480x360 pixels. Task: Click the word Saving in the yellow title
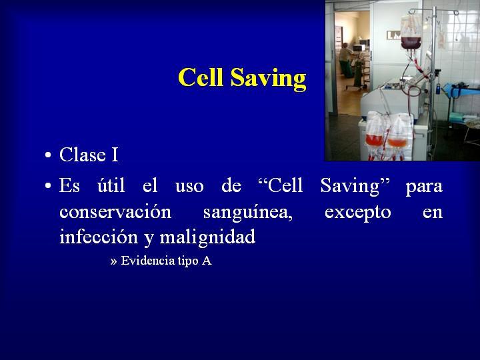click(x=269, y=79)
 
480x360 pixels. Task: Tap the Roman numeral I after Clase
click(x=115, y=155)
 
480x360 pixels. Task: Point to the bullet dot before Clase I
click(x=48, y=155)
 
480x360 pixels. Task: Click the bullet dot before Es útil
click(x=48, y=185)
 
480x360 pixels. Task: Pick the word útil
click(x=111, y=185)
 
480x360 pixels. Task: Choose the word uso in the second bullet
click(x=189, y=187)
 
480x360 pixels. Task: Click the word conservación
click(x=115, y=212)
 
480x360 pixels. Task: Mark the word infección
click(x=99, y=237)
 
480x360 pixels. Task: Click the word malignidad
click(x=207, y=237)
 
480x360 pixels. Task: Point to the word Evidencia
click(x=148, y=261)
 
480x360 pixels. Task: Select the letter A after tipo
click(x=207, y=261)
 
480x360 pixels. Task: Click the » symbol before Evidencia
click(x=113, y=262)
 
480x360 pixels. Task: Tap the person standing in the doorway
click(x=345, y=60)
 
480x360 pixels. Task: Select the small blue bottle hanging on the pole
click(x=438, y=89)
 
